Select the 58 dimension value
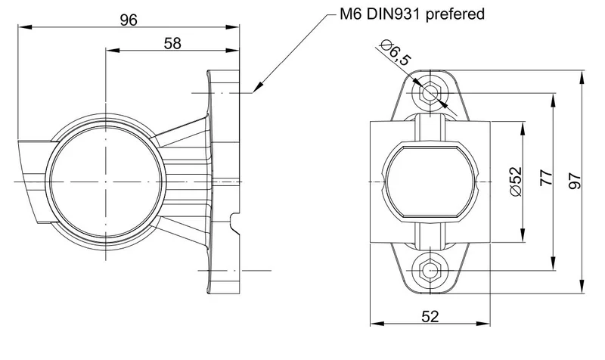[172, 43]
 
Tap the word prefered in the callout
[454, 14]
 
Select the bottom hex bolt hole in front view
[430, 269]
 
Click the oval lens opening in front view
[430, 182]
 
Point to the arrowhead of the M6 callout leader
[255, 91]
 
